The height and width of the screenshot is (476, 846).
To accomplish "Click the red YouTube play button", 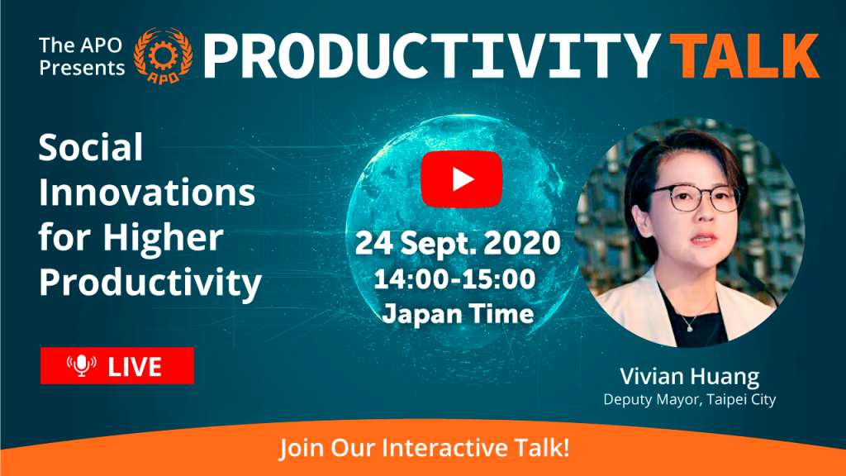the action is [461, 179].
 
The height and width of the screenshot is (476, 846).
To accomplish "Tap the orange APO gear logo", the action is [163, 56].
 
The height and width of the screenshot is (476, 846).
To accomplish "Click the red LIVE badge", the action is [117, 366].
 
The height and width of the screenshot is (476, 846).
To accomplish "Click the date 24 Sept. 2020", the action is [458, 243].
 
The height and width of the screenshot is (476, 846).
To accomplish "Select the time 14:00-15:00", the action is [455, 279].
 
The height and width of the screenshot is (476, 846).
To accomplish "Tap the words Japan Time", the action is [458, 313].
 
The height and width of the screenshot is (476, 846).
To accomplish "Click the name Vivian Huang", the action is [690, 377].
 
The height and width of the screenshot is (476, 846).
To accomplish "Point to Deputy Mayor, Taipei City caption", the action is [690, 400].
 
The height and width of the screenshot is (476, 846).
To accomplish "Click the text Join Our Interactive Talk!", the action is [424, 448].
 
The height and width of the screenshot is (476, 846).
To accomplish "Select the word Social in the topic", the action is [91, 147].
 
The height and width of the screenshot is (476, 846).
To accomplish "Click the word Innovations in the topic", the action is [147, 192].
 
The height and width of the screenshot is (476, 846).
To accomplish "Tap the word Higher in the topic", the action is [163, 238].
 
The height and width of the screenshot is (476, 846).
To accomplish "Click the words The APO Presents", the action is [82, 57].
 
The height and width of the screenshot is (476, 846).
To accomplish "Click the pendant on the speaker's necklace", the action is [689, 326].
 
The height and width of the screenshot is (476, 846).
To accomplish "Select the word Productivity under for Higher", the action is [150, 283].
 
